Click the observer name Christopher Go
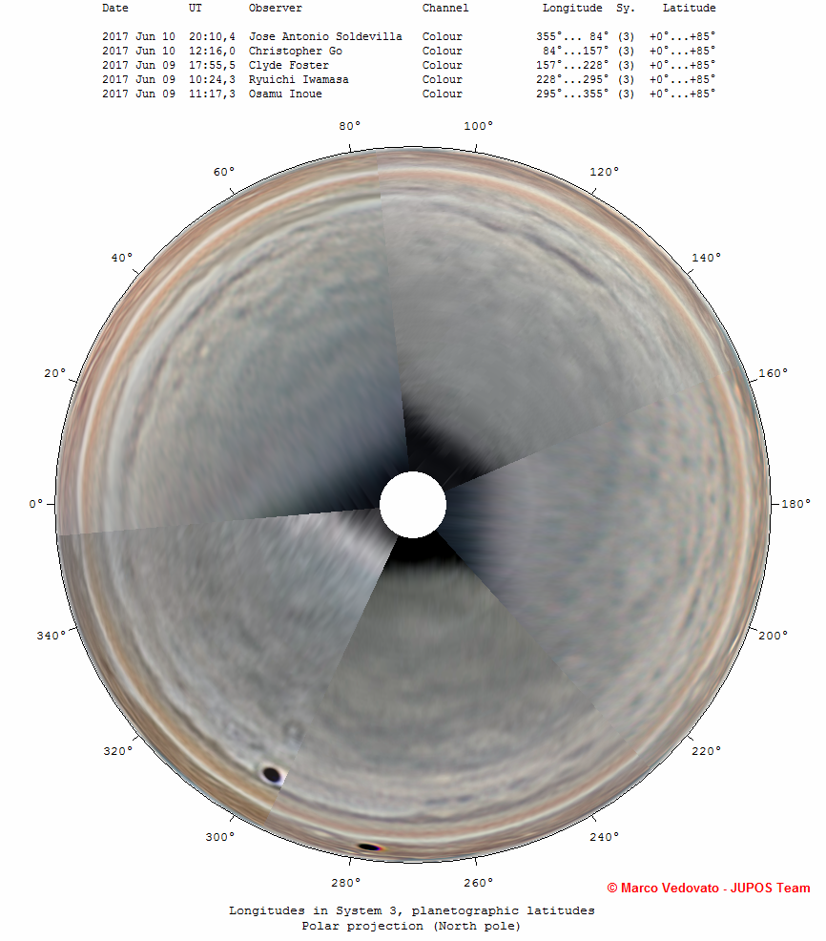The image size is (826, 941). pos(296,51)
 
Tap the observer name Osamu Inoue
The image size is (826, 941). pos(285,94)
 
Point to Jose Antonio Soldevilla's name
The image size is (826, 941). pos(325,36)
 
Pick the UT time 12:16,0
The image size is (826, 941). pos(213,51)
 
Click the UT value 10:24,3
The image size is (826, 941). pos(213,80)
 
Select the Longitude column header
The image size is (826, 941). pos(572,9)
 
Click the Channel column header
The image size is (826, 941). pos(445,8)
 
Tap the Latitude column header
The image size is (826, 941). pos(690,8)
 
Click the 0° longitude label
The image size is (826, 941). pos(36,504)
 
